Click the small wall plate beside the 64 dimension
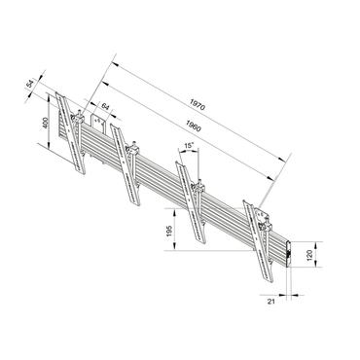point(98,124)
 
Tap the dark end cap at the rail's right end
point(292,255)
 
